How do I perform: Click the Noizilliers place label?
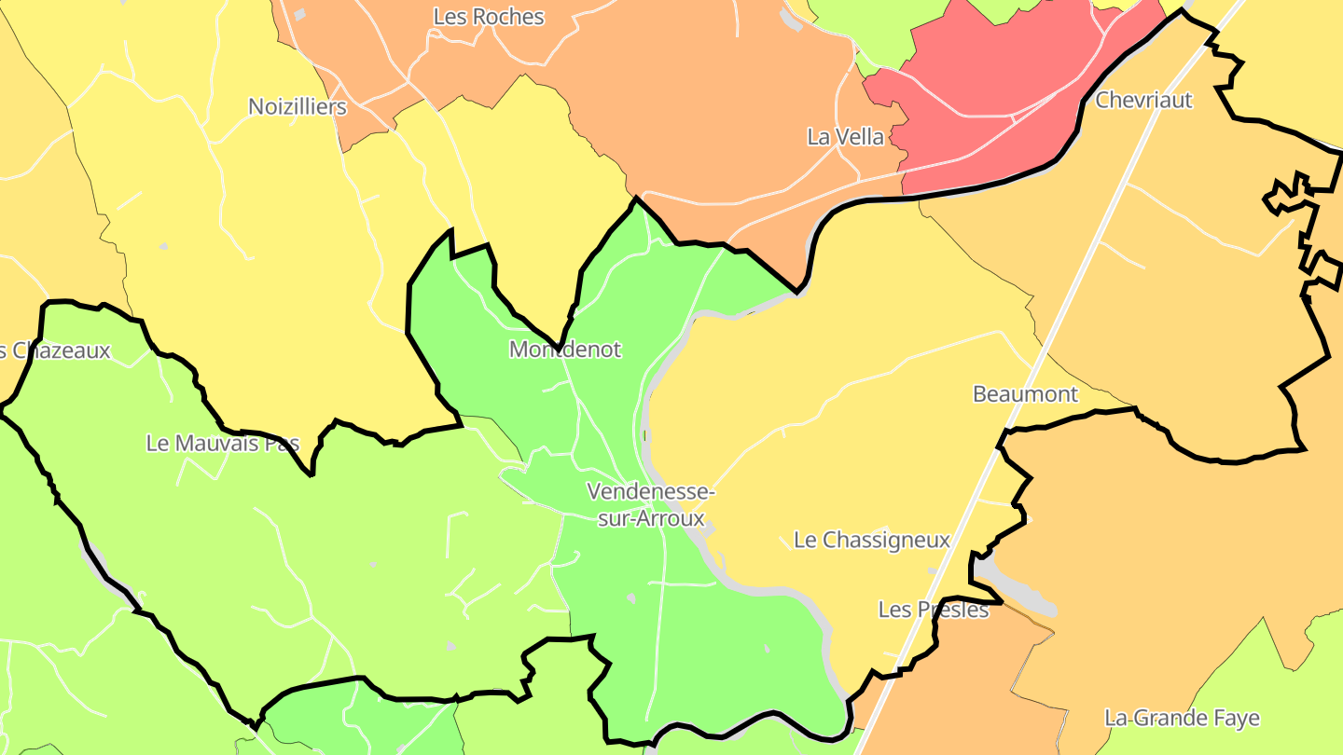click(297, 107)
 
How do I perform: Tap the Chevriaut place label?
click(1143, 100)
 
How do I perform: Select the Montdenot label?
click(564, 350)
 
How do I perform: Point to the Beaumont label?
click(1025, 394)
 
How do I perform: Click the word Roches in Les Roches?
click(508, 17)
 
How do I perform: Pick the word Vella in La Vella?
click(859, 137)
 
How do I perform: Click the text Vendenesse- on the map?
click(651, 491)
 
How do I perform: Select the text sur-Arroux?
click(651, 518)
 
